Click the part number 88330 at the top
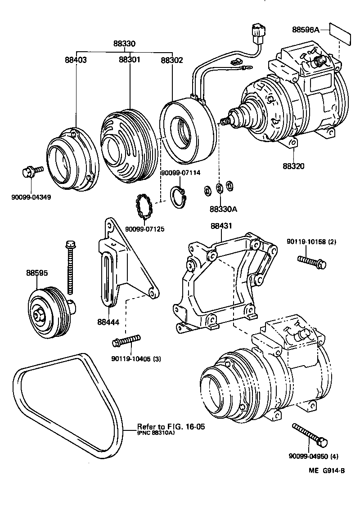click(124, 44)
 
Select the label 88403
click(75, 59)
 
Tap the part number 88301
click(130, 59)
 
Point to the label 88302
click(172, 59)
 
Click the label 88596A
click(306, 30)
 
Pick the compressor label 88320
click(293, 166)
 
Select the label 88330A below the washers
click(223, 209)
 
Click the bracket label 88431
click(221, 226)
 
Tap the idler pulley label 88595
click(37, 273)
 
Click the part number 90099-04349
click(31, 197)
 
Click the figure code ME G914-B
click(326, 470)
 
